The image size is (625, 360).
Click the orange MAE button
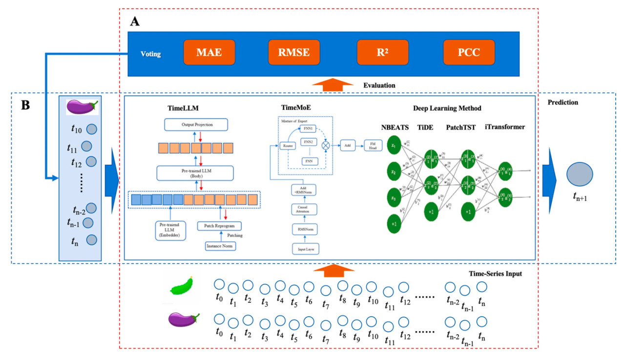click(209, 53)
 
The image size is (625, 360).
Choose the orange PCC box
click(469, 53)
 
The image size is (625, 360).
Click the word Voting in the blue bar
click(150, 53)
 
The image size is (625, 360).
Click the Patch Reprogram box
click(219, 226)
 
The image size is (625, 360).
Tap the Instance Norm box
click(220, 246)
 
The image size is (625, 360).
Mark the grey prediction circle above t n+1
click(580, 174)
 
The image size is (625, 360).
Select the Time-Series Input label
click(494, 274)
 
